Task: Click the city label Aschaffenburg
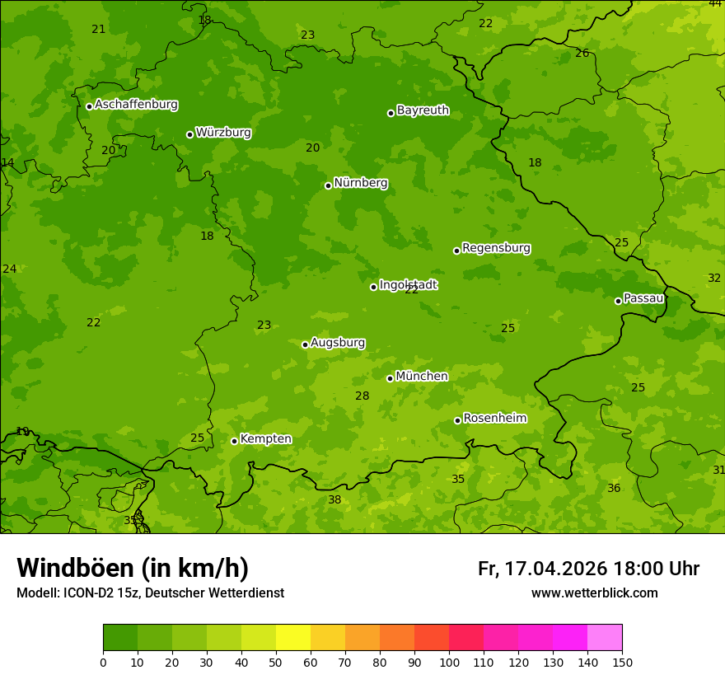coord(136,105)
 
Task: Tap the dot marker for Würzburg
coord(189,134)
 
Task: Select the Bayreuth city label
coord(423,110)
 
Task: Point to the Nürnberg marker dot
coord(328,185)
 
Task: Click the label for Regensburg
coord(496,248)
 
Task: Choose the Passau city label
coord(643,298)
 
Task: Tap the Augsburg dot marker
coord(305,344)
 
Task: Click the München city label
coord(422,377)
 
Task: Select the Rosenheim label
coord(494,419)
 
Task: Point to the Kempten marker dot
coord(234,441)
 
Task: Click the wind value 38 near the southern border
coord(334,500)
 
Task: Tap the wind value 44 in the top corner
coord(715,4)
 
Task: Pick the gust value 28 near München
coord(362,396)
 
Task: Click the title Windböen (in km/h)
coord(133,568)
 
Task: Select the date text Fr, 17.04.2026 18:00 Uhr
coord(588,569)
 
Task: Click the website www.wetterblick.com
coord(594,593)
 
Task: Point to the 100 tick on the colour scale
coord(449,662)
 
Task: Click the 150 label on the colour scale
coord(621,662)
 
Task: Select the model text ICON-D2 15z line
coord(150,593)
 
